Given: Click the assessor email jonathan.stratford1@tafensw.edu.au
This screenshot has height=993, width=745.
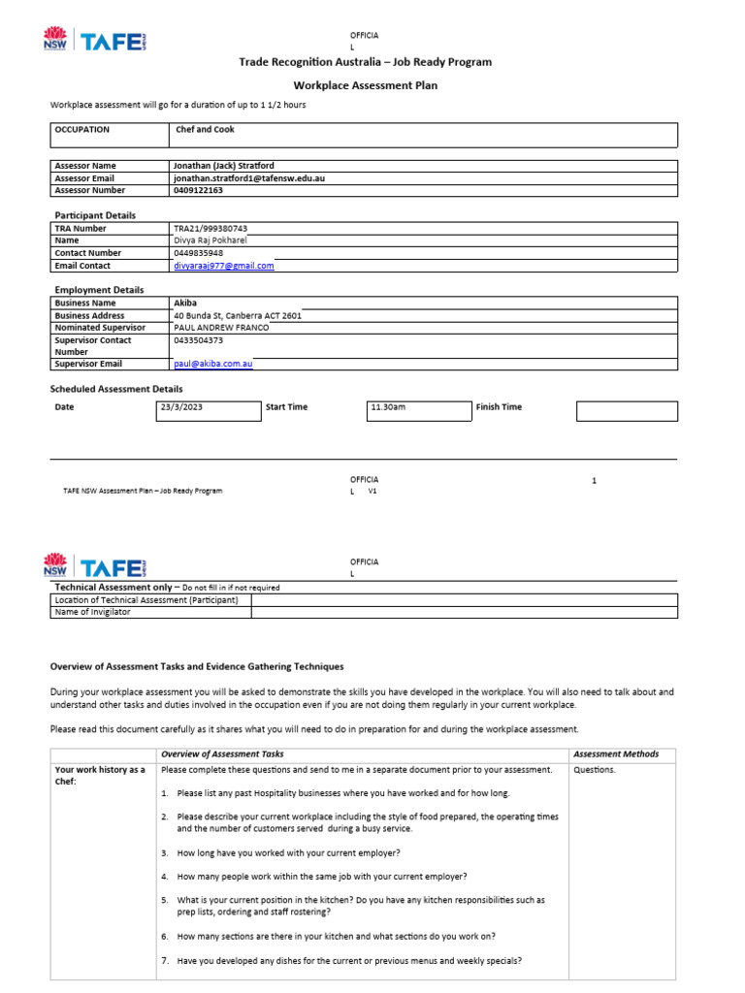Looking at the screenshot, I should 248,178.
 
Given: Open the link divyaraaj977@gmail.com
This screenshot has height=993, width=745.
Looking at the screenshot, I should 223,266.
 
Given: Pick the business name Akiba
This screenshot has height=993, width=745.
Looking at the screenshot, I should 184,303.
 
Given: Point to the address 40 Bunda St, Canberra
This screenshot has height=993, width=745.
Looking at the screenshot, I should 237,315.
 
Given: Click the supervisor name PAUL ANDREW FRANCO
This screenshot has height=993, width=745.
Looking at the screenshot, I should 220,328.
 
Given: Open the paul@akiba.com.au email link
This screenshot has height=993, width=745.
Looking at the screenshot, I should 212,365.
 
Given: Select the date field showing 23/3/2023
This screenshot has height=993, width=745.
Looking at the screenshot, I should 208,407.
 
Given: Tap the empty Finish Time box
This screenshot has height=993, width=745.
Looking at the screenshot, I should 627,410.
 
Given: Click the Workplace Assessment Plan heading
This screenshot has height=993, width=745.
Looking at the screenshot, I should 365,85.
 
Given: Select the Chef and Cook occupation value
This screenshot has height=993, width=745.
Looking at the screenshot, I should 205,129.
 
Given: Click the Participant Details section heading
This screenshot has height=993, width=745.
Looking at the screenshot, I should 95,215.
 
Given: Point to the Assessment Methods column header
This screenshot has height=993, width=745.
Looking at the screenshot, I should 615,753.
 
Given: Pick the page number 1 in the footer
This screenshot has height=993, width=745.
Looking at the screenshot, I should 594,480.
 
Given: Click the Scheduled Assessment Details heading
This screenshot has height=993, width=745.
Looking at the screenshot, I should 116,389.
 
